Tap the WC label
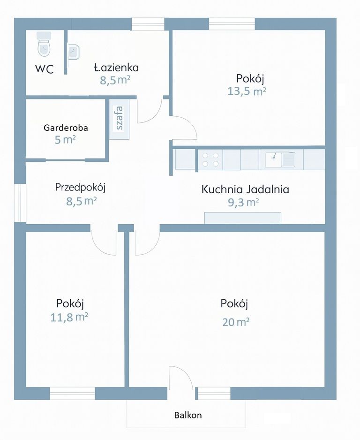[x=45, y=69]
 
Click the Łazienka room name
[x=116, y=68]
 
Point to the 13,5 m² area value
[x=247, y=91]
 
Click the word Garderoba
[x=66, y=128]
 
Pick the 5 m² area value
[x=66, y=140]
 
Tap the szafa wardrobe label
[x=120, y=118]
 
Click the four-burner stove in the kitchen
[x=210, y=160]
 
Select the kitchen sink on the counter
[x=280, y=160]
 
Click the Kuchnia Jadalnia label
[x=245, y=190]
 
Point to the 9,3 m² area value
[x=244, y=203]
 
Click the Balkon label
[x=188, y=415]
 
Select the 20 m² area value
[x=236, y=322]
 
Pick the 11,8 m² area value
[x=69, y=318]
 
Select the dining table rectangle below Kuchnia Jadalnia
[x=242, y=218]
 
